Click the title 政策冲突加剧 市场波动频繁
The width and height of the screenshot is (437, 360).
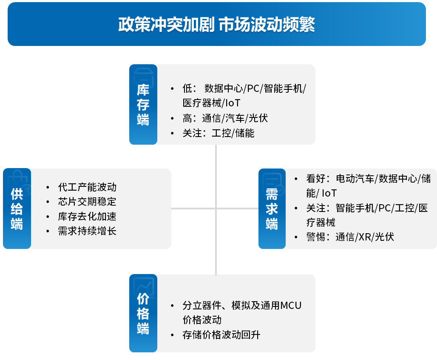click(x=216, y=24)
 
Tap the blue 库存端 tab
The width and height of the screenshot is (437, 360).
click(x=143, y=104)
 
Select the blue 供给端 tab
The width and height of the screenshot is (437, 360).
click(x=17, y=209)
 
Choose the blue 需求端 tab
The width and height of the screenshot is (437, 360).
click(x=272, y=209)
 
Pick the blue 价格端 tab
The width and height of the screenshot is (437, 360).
click(x=143, y=313)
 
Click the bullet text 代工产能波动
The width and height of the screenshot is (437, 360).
click(x=87, y=187)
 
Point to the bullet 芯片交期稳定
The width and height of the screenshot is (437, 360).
click(x=87, y=201)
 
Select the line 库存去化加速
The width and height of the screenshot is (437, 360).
click(x=87, y=216)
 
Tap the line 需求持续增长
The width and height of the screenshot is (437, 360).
click(x=87, y=231)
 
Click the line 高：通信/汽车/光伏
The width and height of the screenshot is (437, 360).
click(x=225, y=118)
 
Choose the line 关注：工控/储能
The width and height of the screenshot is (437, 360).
click(x=218, y=133)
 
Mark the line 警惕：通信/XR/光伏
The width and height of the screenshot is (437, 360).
click(x=350, y=237)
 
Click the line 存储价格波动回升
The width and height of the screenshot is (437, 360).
click(x=221, y=334)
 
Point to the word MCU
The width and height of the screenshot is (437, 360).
click(x=291, y=305)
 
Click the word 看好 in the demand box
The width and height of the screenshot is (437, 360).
click(x=316, y=178)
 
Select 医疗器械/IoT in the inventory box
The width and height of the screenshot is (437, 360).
click(x=211, y=103)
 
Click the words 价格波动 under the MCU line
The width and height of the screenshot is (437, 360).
click(x=202, y=320)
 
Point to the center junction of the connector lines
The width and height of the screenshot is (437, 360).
click(x=216, y=209)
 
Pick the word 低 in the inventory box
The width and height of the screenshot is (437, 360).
click(x=187, y=89)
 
